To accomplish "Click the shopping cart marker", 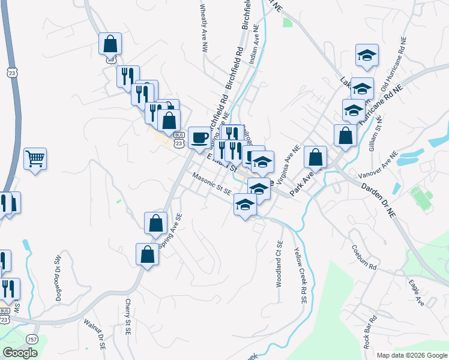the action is coord(35,159).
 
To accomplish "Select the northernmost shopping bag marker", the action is coord(110,44).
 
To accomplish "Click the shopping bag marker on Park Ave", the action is coord(315,158).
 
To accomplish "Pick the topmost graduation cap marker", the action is coord(366,56).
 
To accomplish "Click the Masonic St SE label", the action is coord(211,184).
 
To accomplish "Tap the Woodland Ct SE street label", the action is coord(279,264).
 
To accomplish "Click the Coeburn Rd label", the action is coord(364,257).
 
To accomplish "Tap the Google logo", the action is coord(20,353).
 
